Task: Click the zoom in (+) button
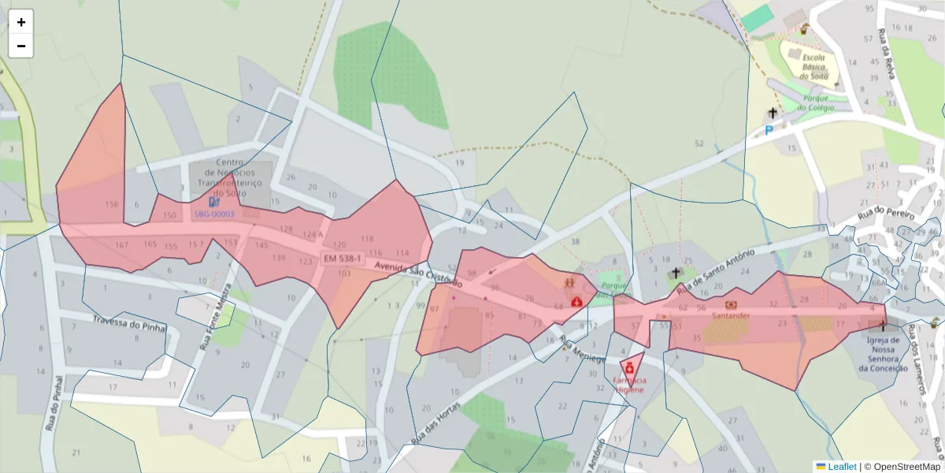[x=21, y=22]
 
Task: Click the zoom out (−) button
[x=21, y=46]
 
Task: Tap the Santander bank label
[x=730, y=315]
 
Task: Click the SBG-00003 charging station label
[x=214, y=214]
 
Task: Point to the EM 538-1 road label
[x=342, y=259]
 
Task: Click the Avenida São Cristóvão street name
[x=417, y=273]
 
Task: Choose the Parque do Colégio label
[x=813, y=102]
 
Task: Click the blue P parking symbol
[x=769, y=130]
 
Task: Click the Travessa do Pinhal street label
[x=128, y=323]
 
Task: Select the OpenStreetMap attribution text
[x=902, y=466]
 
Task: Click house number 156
[x=111, y=205]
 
